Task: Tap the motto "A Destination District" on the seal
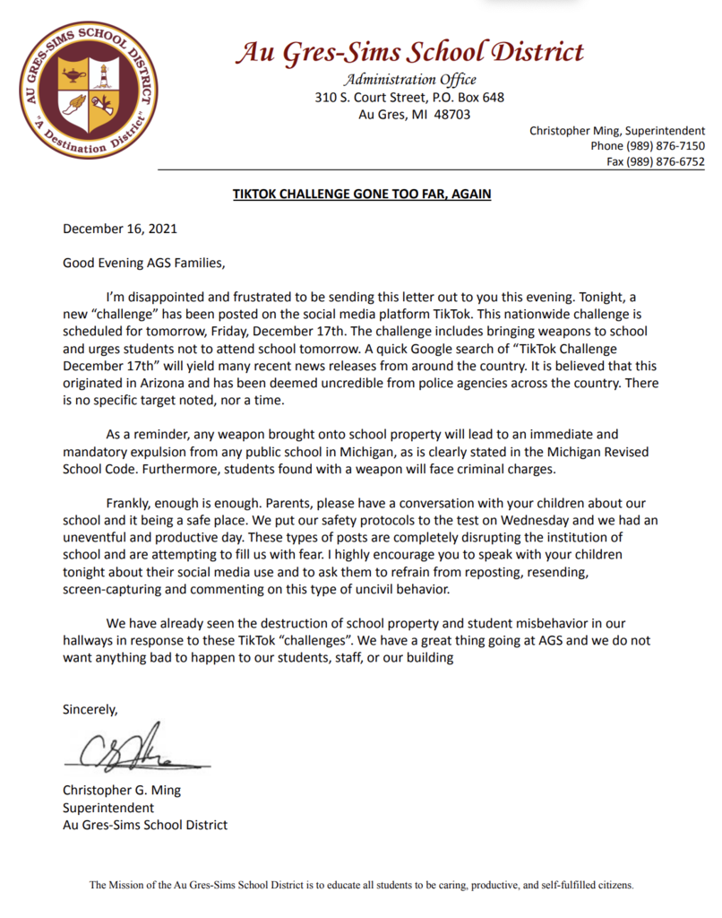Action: [x=90, y=143]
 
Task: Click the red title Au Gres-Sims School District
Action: [x=409, y=52]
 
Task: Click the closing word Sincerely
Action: [x=90, y=709]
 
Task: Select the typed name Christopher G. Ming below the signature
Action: [x=121, y=791]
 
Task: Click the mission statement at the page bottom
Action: [x=361, y=885]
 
